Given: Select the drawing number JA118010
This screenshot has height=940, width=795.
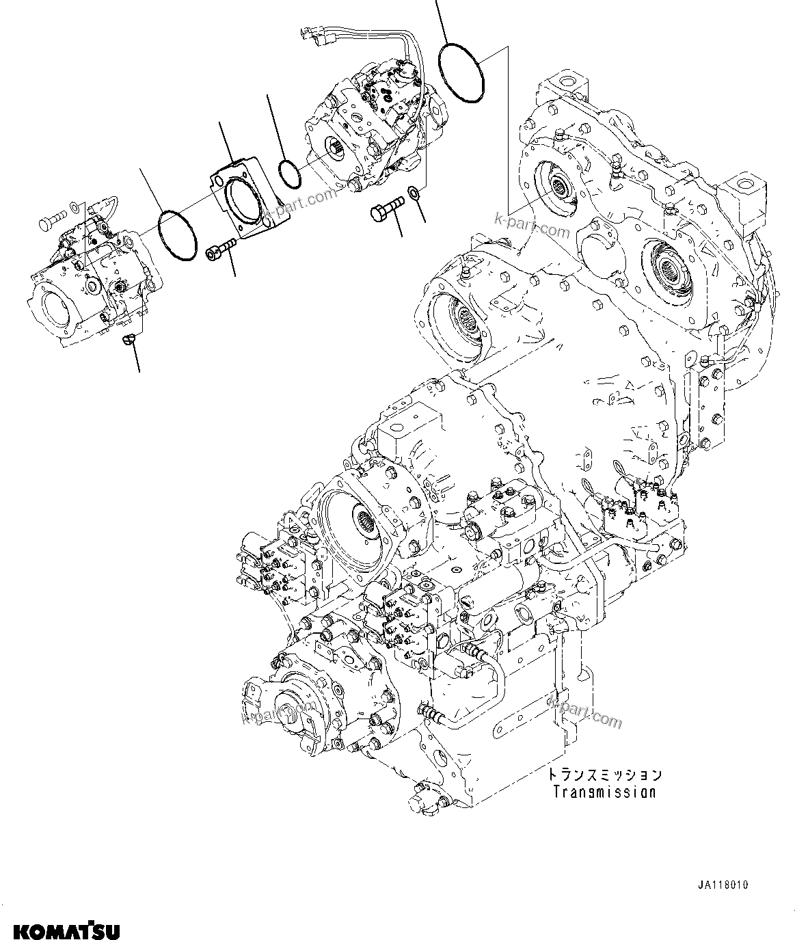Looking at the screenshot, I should [x=723, y=885].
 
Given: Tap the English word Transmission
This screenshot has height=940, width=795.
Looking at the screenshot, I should [x=604, y=792].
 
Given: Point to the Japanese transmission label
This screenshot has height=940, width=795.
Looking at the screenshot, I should [x=604, y=775].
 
